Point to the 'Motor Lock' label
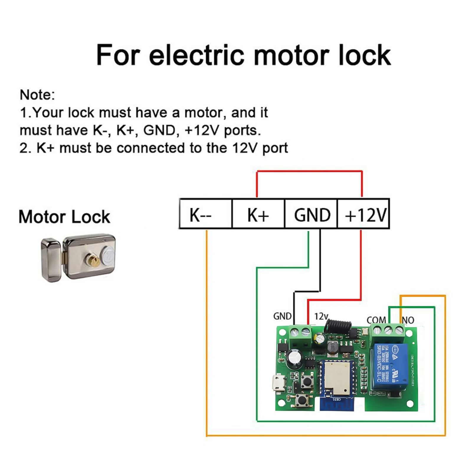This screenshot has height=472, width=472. tap(64, 217)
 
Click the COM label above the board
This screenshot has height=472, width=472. tap(376, 320)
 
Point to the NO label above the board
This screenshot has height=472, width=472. tap(408, 320)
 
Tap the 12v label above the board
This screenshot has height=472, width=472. tap(321, 317)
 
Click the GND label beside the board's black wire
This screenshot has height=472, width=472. tap(282, 316)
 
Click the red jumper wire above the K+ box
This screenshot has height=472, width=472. tap(309, 171)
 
